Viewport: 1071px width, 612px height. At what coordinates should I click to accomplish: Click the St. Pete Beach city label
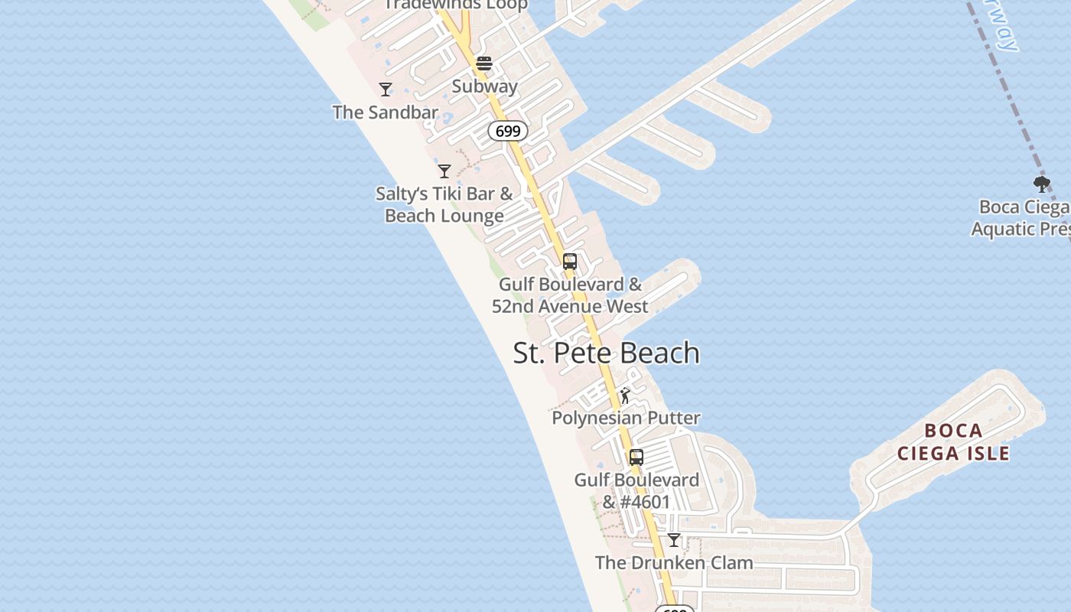tap(606, 353)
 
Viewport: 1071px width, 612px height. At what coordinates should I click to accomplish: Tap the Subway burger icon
tap(484, 63)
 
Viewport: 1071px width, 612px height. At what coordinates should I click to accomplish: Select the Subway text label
tap(484, 86)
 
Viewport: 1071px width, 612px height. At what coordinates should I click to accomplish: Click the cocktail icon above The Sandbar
tap(386, 90)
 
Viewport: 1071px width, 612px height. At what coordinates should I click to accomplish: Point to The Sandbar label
tap(385, 112)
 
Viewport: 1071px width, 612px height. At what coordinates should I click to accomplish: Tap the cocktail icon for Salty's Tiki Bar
tap(444, 171)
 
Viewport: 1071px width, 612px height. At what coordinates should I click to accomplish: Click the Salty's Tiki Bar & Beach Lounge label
tap(444, 204)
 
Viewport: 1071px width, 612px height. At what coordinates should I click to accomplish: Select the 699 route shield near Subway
tap(508, 131)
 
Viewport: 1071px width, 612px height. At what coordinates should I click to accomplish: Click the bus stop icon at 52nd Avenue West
tap(570, 262)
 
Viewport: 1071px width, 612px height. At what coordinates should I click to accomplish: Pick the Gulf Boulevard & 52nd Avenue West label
tap(570, 295)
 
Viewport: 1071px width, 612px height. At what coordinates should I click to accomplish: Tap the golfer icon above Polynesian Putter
tap(625, 396)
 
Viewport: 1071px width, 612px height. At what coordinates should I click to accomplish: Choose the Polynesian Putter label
tap(626, 418)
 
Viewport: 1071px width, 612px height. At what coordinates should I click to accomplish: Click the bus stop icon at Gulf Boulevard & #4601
tap(636, 457)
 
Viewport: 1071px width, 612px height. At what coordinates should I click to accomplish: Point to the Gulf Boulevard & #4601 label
tap(636, 491)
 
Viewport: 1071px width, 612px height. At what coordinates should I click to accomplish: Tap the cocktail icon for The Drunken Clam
tap(674, 540)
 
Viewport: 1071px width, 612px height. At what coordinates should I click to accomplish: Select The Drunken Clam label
tap(674, 563)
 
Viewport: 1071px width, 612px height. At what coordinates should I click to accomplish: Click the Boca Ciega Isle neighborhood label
tap(953, 442)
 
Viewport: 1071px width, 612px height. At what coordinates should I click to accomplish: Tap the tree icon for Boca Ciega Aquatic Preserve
tap(1041, 184)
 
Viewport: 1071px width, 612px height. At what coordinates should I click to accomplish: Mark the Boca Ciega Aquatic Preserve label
tap(1021, 218)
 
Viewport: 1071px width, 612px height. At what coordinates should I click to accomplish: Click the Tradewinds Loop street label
tap(456, 5)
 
